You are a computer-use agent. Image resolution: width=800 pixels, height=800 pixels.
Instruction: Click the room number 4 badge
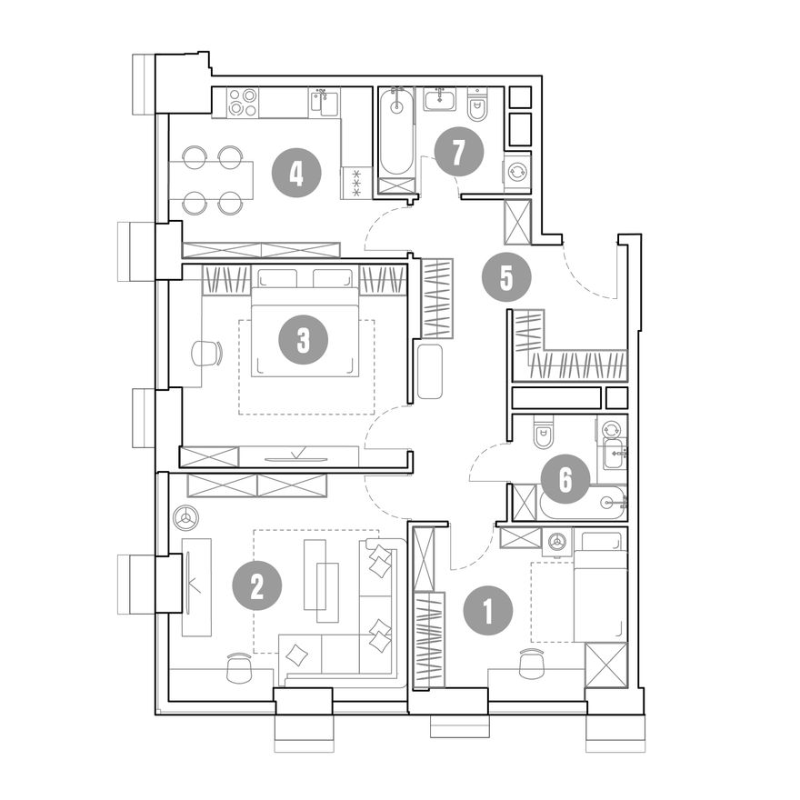click(296, 174)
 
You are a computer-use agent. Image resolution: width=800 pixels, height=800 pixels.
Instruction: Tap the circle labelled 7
click(459, 152)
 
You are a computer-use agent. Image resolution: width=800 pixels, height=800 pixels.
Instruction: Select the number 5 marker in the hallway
click(506, 278)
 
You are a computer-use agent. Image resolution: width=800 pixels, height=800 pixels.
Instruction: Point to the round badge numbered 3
click(303, 339)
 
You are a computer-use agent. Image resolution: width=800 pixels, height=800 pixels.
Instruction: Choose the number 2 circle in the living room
click(257, 585)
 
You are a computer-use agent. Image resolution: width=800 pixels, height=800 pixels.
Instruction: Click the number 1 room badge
click(488, 610)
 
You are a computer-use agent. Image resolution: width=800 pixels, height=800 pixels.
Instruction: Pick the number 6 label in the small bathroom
click(565, 480)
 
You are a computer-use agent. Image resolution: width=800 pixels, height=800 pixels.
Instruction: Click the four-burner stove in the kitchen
click(242, 103)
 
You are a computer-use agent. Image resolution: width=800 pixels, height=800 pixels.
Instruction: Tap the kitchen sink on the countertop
click(324, 103)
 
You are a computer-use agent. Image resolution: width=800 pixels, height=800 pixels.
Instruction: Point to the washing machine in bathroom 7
click(516, 172)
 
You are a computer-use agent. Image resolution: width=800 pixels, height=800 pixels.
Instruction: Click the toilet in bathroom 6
click(543, 432)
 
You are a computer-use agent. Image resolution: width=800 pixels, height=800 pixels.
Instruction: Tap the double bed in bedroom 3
click(304, 332)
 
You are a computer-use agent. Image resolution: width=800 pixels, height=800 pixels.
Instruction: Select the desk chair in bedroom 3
click(206, 353)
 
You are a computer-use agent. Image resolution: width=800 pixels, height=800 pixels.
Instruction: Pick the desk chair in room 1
click(532, 664)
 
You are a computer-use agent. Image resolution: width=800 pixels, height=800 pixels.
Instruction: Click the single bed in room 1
click(600, 586)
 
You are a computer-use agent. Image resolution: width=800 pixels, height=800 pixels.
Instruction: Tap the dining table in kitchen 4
click(211, 180)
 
